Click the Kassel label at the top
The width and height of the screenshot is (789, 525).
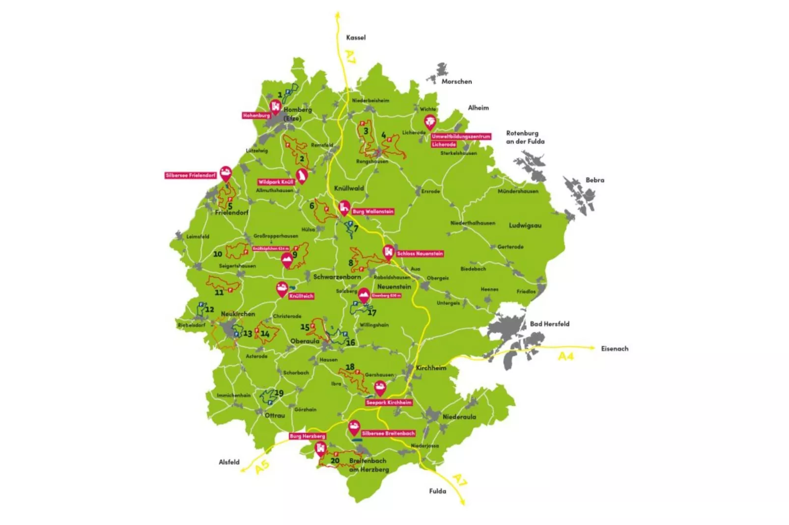(x=356, y=37)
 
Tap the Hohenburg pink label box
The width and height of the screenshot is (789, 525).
(x=256, y=115)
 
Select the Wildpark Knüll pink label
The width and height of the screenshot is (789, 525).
(x=276, y=182)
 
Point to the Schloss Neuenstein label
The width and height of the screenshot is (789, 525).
(x=420, y=254)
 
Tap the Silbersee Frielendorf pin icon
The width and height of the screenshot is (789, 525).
(x=225, y=173)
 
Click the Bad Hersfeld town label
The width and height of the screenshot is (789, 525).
(x=549, y=324)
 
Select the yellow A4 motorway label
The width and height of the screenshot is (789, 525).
(x=566, y=356)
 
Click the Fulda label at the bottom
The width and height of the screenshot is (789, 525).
(x=437, y=491)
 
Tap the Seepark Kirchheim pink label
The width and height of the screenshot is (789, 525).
(x=389, y=402)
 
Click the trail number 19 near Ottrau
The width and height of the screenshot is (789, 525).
(x=279, y=393)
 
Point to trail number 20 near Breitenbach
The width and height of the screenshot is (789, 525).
(x=335, y=460)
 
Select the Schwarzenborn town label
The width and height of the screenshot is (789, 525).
(x=337, y=277)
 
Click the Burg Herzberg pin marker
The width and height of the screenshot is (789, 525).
(x=320, y=448)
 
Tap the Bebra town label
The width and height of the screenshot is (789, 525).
(x=594, y=180)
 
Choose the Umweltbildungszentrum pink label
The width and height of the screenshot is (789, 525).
(x=461, y=136)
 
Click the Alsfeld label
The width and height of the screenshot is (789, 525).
(x=229, y=462)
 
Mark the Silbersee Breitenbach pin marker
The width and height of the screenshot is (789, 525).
(x=354, y=427)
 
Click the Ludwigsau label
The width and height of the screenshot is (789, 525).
(x=525, y=225)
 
